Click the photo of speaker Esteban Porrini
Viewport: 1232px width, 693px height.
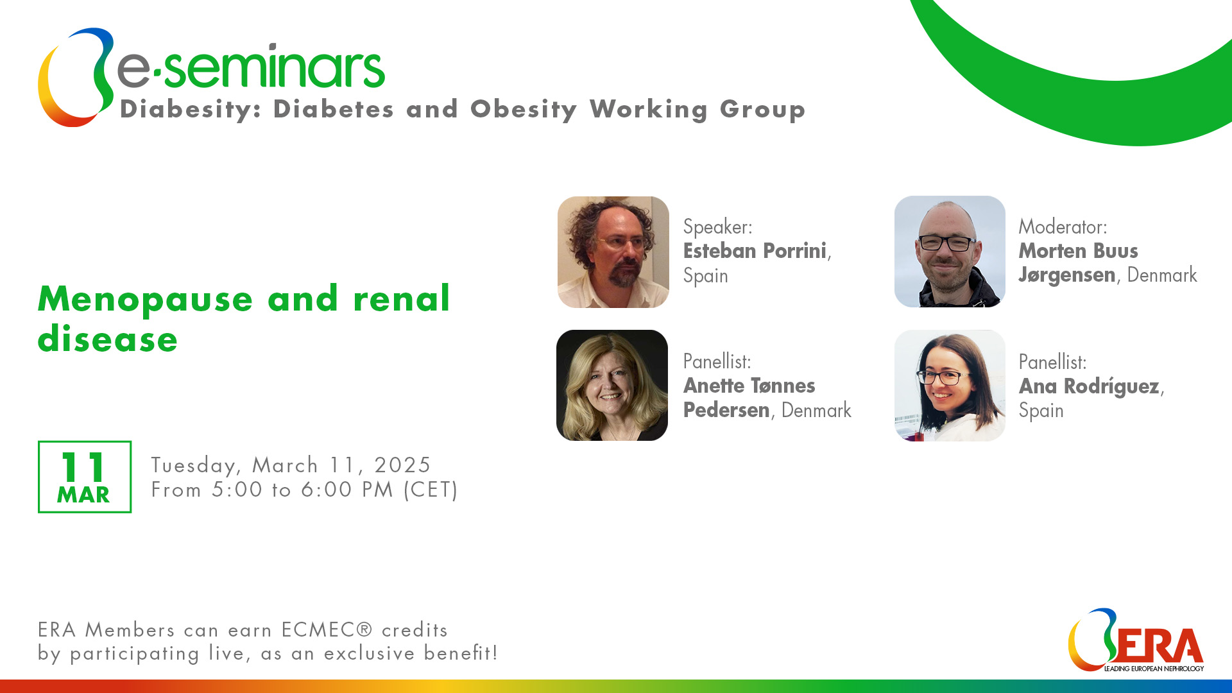coord(613,252)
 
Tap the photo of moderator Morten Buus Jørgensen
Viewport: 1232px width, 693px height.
coord(950,252)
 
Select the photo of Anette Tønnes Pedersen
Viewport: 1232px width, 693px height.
coord(612,385)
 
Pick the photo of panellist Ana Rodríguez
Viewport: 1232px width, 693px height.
coord(950,386)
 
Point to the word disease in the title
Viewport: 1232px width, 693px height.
coord(108,339)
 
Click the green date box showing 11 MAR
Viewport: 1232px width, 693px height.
coord(85,477)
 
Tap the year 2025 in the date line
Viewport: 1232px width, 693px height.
coord(402,465)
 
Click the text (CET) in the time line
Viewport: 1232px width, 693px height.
coord(431,490)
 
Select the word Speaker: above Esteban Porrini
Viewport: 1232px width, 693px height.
coord(717,227)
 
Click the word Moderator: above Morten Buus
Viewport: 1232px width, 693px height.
coord(1063,227)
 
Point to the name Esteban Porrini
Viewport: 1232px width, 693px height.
coord(755,251)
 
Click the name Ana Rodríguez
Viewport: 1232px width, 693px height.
coord(1089,386)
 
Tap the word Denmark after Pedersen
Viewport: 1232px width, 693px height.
coord(816,410)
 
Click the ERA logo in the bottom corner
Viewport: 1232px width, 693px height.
coord(1136,640)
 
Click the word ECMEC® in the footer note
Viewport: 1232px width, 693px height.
coord(327,629)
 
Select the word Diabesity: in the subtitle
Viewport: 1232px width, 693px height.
coord(191,110)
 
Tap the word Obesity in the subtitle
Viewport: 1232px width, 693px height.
coord(524,110)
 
